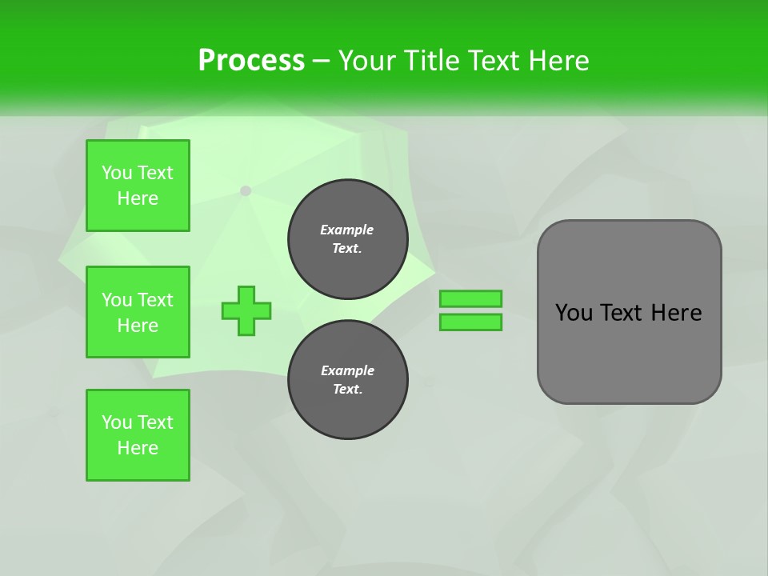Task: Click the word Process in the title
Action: click(x=251, y=61)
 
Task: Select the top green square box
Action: click(x=138, y=186)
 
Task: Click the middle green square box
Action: click(x=138, y=312)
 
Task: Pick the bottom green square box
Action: click(x=138, y=435)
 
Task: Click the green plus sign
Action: click(x=246, y=310)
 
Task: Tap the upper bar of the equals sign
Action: click(x=470, y=298)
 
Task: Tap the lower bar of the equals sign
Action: click(x=470, y=322)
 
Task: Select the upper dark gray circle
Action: click(x=348, y=239)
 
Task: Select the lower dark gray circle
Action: click(x=348, y=380)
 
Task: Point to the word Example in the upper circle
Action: click(x=347, y=230)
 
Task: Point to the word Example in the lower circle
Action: click(x=347, y=370)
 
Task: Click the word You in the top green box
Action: click(x=117, y=173)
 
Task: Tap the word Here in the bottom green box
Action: click(x=138, y=448)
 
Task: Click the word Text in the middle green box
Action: click(x=155, y=300)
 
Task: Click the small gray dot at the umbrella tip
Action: click(x=246, y=190)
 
